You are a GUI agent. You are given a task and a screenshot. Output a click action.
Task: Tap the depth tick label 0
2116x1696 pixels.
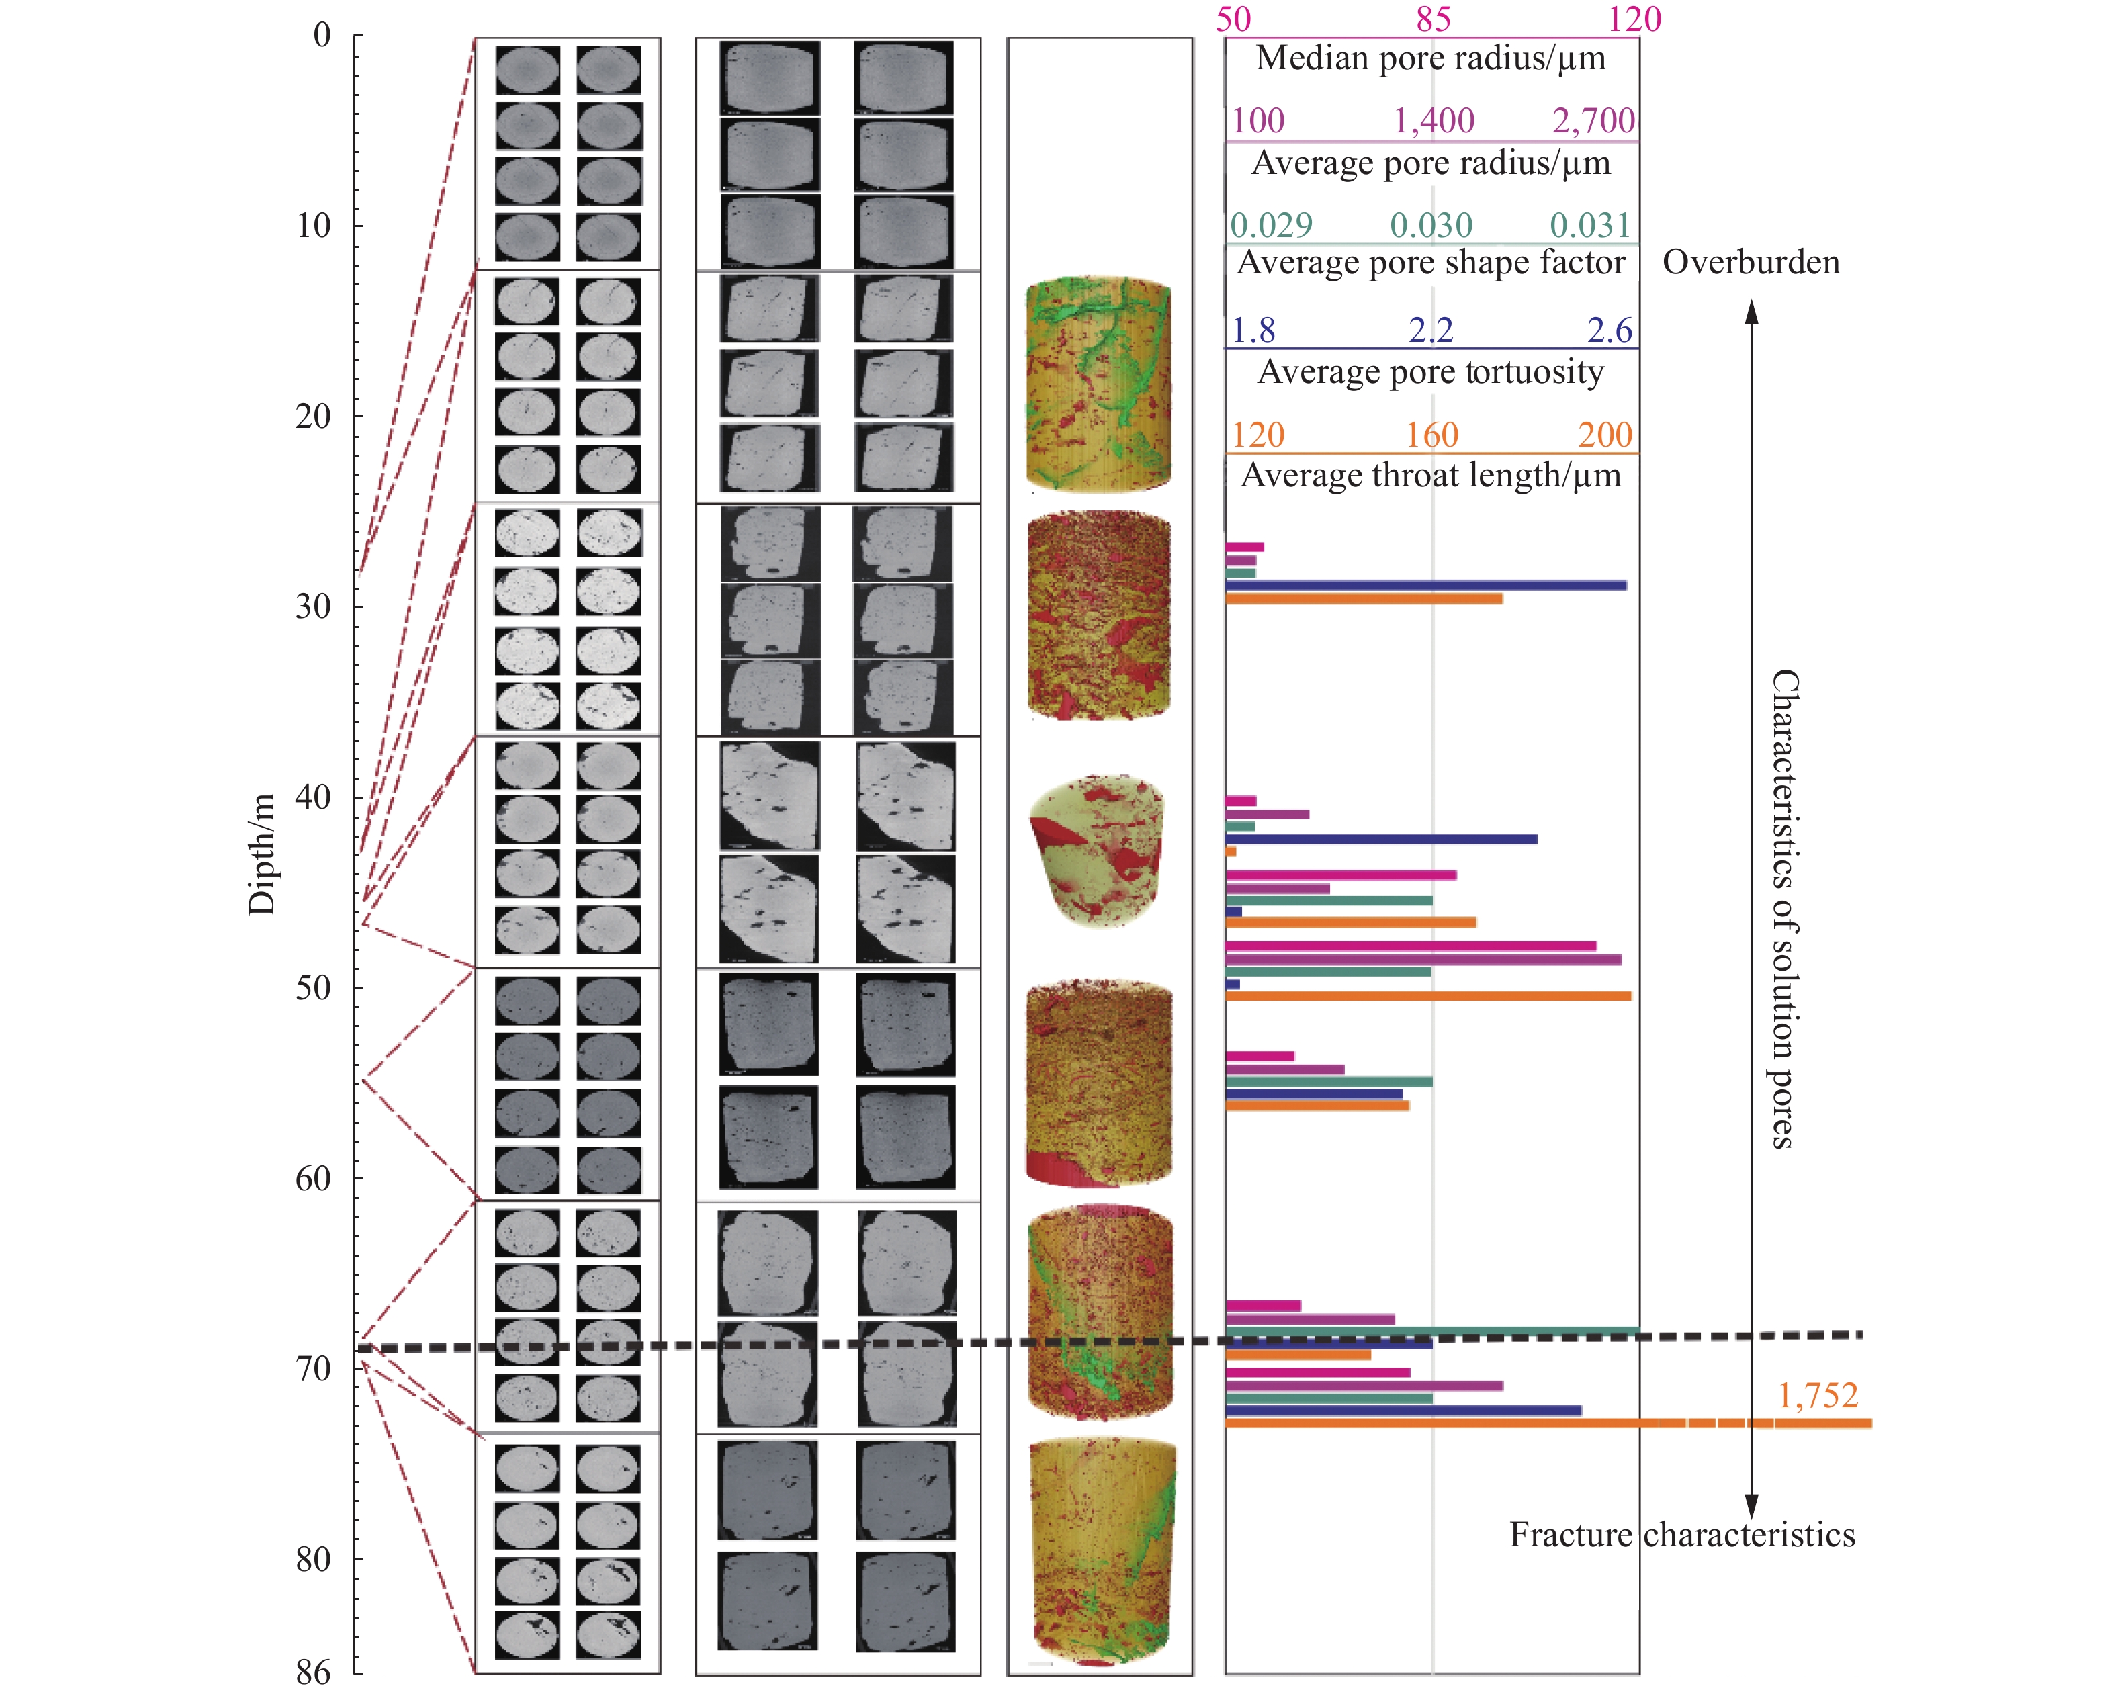click(322, 36)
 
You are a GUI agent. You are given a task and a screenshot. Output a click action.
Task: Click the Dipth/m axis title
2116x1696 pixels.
click(261, 854)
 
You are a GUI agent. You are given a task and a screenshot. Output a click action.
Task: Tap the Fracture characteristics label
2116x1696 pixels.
click(1682, 1534)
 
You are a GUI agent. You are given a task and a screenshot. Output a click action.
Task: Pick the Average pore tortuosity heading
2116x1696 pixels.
click(1431, 372)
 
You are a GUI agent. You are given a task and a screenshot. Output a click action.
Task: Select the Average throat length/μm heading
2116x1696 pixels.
click(1431, 476)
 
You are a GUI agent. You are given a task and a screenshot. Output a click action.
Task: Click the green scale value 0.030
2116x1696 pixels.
click(1431, 226)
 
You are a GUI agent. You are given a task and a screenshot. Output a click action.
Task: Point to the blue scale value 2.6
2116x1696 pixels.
click(1610, 330)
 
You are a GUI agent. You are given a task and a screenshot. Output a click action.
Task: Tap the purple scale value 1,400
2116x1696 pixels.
click(1434, 121)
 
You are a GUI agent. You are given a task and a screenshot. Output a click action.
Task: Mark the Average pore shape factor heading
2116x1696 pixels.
click(1431, 263)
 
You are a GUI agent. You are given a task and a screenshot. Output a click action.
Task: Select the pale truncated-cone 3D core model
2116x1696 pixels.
click(1097, 850)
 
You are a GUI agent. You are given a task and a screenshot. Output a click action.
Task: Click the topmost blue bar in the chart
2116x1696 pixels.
click(1426, 586)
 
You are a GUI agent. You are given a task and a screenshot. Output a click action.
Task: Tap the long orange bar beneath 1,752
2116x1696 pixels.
click(1549, 1423)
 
